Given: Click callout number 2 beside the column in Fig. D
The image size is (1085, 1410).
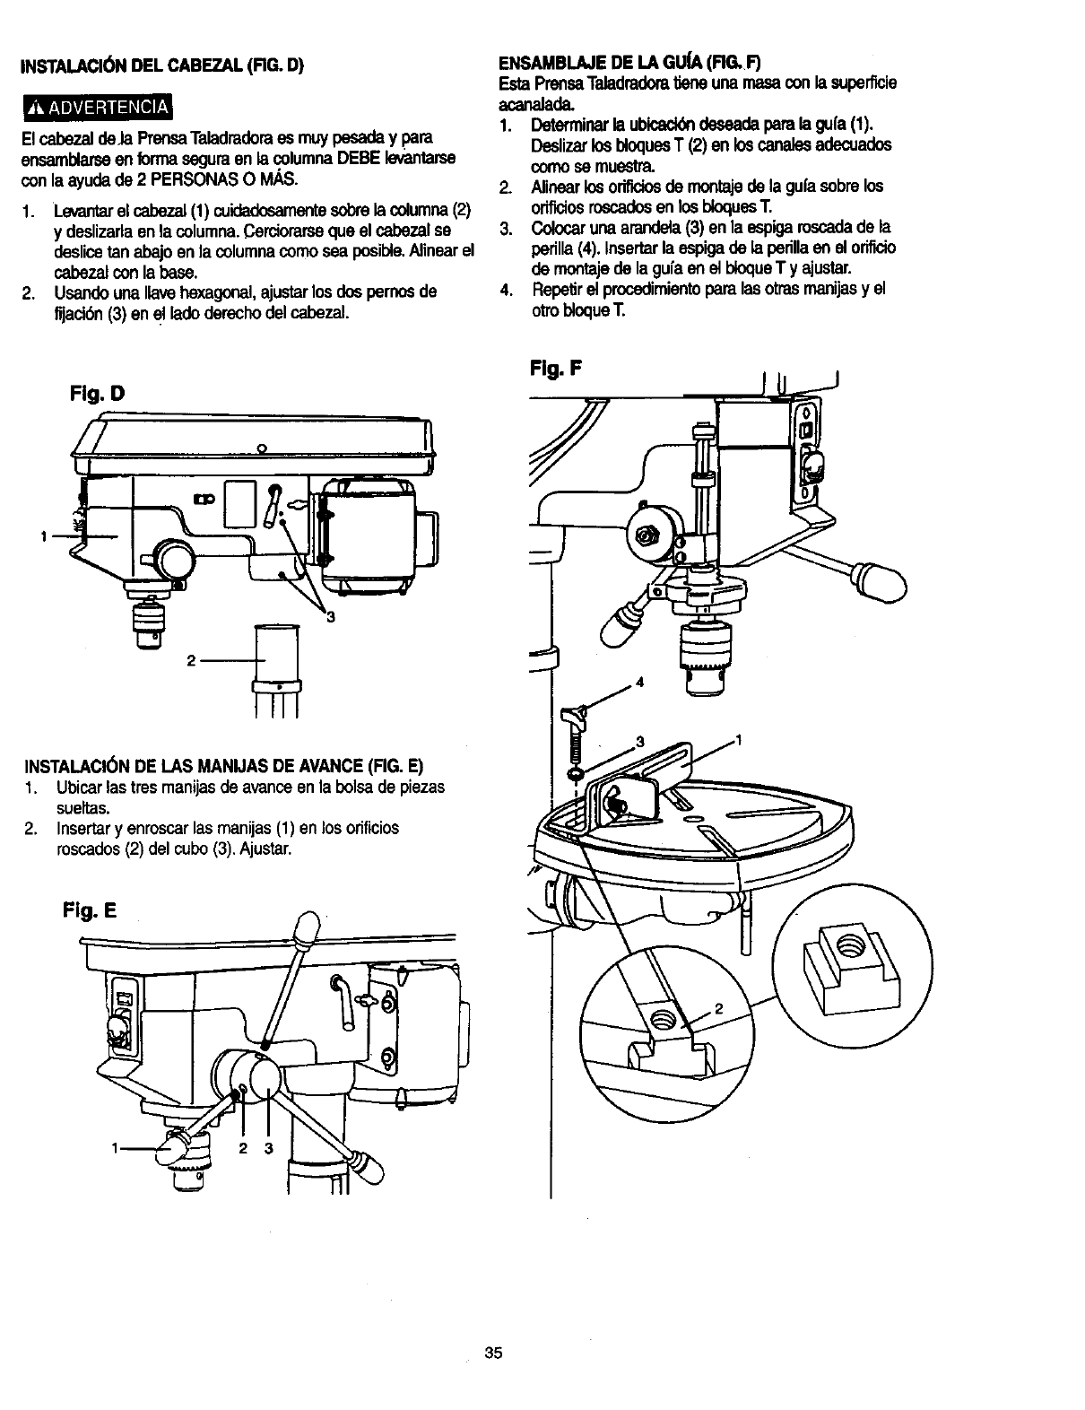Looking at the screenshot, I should tap(191, 662).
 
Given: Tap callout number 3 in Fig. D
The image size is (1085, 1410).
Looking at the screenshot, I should tap(330, 616).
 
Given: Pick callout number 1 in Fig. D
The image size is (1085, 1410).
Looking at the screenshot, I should tap(41, 536).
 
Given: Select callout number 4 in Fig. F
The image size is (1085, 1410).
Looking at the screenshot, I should tap(639, 682).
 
